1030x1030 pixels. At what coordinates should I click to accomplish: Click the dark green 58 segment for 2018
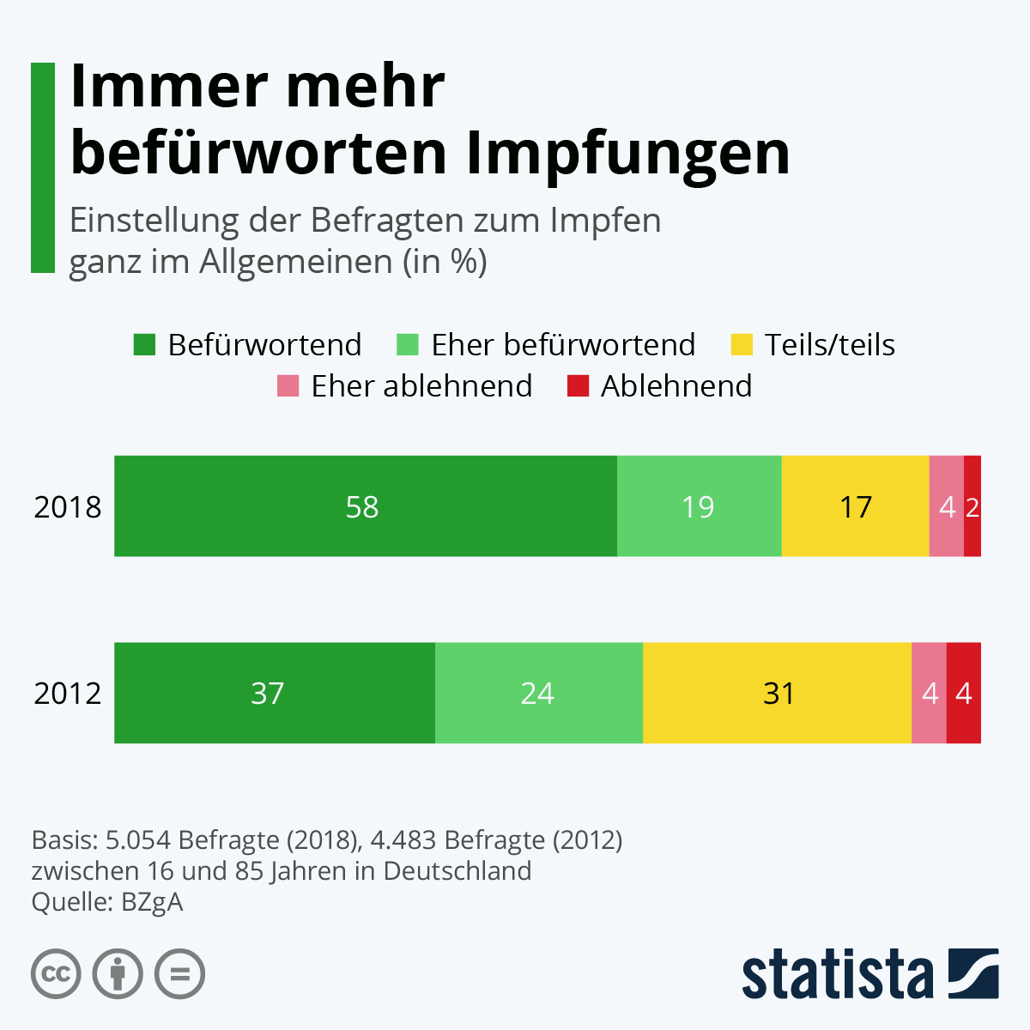point(366,506)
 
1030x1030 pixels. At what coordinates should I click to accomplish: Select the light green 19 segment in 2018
point(699,506)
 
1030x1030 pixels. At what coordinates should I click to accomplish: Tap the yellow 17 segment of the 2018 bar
point(855,506)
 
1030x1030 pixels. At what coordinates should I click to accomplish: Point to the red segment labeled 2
point(972,506)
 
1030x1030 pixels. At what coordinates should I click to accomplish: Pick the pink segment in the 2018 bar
point(946,506)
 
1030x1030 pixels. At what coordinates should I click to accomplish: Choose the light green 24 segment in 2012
point(538,693)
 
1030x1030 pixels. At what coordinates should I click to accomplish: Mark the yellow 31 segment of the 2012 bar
point(777,693)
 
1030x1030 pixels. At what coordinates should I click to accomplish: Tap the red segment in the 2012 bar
point(964,693)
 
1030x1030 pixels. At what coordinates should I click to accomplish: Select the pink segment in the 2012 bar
point(929,693)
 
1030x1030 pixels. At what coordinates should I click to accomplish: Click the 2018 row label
point(68,507)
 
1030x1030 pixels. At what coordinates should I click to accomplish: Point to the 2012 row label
point(68,694)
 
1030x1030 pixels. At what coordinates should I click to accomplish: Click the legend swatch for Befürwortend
point(145,345)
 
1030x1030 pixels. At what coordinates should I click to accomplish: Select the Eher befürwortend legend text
point(563,345)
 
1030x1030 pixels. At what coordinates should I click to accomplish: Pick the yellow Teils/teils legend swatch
point(742,345)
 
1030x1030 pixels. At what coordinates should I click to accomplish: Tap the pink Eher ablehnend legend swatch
point(288,386)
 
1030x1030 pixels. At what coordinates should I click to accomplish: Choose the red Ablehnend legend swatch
point(579,386)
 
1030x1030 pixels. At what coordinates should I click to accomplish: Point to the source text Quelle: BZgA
point(107,902)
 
